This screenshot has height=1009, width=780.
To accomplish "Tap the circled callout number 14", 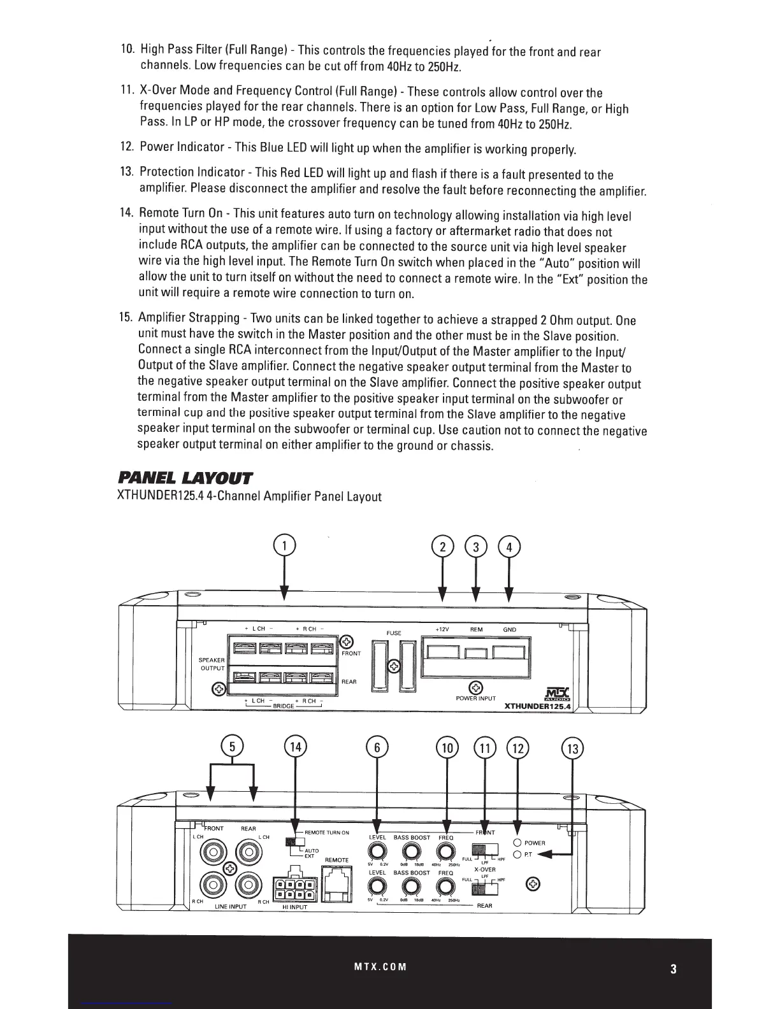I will (295, 747).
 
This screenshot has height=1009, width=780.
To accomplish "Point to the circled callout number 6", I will (377, 747).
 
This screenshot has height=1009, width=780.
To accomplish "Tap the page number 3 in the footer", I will (673, 970).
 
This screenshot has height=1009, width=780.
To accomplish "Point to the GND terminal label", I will (510, 629).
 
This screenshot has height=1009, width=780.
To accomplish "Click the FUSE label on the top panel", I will (394, 633).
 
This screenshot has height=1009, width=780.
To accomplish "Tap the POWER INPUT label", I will (476, 699).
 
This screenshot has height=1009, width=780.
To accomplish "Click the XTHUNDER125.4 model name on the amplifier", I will (537, 706).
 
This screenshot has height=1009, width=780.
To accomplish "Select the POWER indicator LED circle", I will (517, 842).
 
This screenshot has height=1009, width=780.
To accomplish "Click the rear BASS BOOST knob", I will (411, 886).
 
